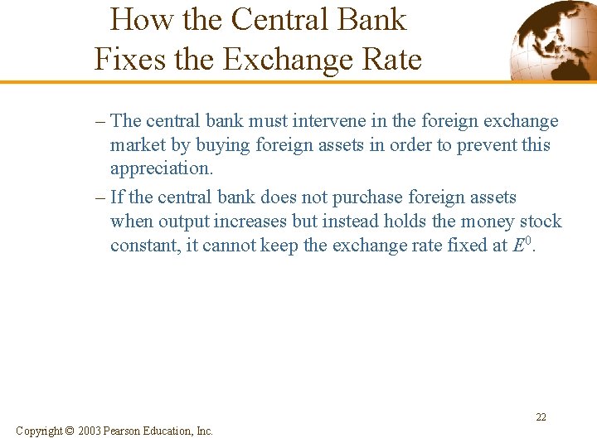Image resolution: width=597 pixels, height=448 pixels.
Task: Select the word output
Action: (184, 222)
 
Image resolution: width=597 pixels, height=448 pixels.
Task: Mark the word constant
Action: (141, 246)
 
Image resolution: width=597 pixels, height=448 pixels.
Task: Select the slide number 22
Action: (541, 417)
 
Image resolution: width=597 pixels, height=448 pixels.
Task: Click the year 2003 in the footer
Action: (90, 431)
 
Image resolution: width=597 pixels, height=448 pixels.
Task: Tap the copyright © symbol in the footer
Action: (69, 431)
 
